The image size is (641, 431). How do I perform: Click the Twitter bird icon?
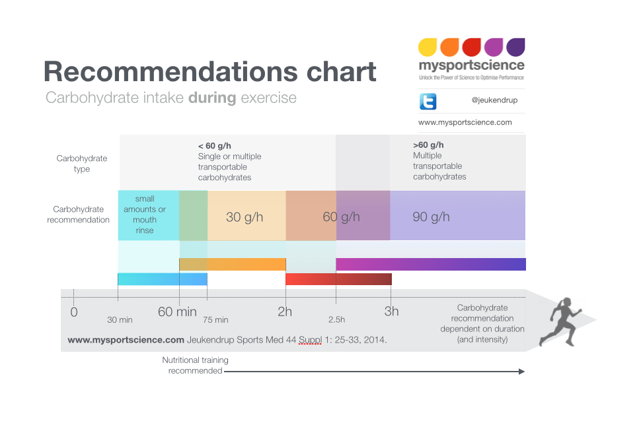coord(428,101)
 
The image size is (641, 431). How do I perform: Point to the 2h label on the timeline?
coord(285,312)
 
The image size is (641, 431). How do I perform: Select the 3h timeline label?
coord(392,312)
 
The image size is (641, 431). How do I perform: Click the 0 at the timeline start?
coord(73,312)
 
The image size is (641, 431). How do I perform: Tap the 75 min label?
coord(215,320)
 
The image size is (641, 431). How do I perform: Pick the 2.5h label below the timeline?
coord(336,320)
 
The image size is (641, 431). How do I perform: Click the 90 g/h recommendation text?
coord(431,216)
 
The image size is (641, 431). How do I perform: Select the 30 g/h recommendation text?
coord(245,216)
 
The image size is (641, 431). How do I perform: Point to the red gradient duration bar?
coord(338,279)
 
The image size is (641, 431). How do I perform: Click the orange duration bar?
coord(232,264)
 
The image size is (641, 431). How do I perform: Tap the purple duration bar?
coord(431,264)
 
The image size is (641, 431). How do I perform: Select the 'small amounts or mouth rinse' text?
coord(145,215)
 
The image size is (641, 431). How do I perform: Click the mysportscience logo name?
coord(471,65)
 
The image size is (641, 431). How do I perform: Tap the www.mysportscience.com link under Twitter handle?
coord(465,122)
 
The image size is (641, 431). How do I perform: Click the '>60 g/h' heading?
coord(428,145)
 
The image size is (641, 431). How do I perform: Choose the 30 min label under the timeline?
coord(120,320)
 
